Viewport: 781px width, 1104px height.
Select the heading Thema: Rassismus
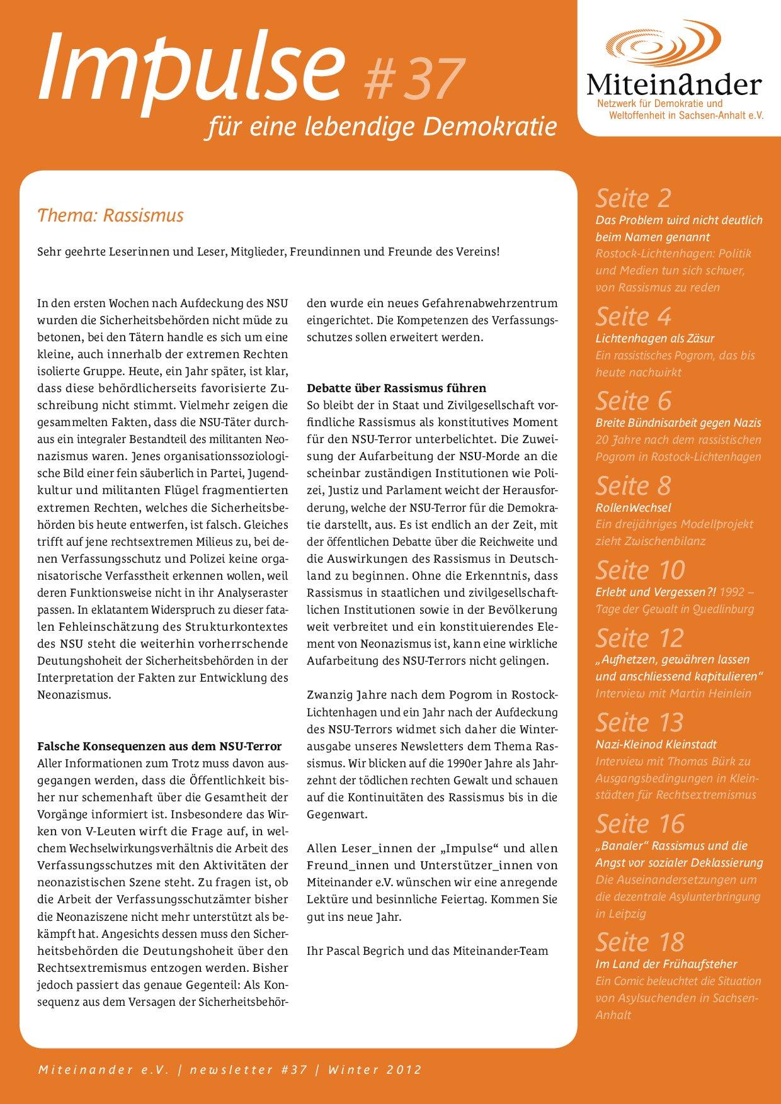coord(110,215)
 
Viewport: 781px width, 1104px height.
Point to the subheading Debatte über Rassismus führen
coord(396,388)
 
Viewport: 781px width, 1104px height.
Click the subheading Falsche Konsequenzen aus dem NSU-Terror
coord(159,746)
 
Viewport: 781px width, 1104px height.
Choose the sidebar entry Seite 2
coord(633,198)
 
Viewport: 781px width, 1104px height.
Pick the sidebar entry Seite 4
coord(633,317)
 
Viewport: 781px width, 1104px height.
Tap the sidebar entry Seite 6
coord(633,401)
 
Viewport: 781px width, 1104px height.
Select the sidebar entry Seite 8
coord(633,486)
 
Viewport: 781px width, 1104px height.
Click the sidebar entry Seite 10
coord(640,570)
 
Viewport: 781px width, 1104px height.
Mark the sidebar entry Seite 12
coord(639,638)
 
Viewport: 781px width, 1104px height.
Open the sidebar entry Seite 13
coord(639,723)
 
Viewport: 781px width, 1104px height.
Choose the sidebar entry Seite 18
coord(640,942)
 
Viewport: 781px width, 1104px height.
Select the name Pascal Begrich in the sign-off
coord(365,950)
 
